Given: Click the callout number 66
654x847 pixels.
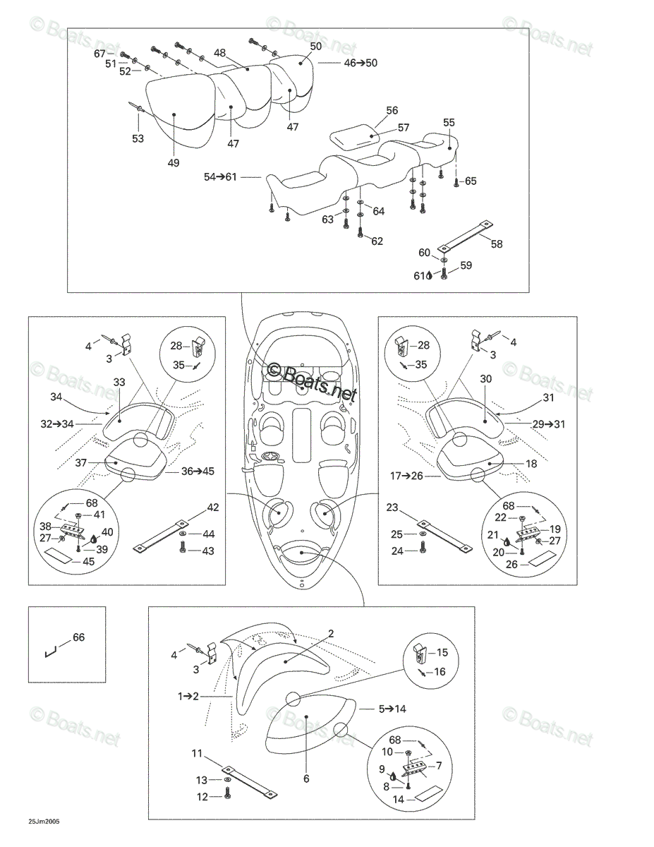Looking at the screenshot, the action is (79, 637).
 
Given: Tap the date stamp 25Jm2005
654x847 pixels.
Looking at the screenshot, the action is (44, 822).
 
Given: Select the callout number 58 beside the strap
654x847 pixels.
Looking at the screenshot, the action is (496, 244).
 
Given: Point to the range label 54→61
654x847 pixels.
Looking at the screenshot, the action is (220, 177).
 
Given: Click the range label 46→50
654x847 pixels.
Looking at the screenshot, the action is (361, 63).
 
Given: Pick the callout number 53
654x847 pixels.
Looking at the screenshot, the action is (138, 138).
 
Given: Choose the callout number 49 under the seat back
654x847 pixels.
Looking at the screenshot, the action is (174, 162).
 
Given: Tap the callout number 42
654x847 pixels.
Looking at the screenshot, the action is (212, 507).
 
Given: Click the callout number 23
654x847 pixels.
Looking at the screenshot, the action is (392, 507).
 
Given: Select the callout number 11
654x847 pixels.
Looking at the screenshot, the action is (197, 753).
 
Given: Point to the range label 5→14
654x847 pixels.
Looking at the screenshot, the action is (393, 709).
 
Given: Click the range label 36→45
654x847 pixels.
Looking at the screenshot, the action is (198, 471).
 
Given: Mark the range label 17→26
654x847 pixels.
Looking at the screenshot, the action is (406, 476).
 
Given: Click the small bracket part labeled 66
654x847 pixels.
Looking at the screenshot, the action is (51, 651).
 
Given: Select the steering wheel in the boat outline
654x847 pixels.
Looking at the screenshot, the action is (270, 457).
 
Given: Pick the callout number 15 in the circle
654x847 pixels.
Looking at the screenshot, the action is (442, 652).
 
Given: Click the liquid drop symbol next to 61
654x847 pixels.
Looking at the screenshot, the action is (429, 275).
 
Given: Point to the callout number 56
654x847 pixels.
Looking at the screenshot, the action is (392, 110).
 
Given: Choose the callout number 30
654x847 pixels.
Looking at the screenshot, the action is (485, 378).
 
